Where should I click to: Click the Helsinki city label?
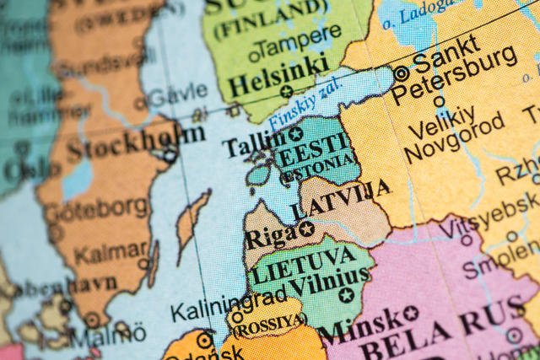pyautogui.click(x=278, y=75)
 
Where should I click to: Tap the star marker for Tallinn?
pyautogui.click(x=295, y=134)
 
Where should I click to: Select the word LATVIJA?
pyautogui.click(x=341, y=199)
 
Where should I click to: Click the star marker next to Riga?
pyautogui.click(x=306, y=228)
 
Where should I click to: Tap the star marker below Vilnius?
pyautogui.click(x=346, y=295)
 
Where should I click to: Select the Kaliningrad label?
pyautogui.click(x=228, y=304)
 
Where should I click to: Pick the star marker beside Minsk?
pyautogui.click(x=411, y=313)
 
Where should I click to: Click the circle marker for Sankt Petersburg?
pyautogui.click(x=401, y=74)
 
